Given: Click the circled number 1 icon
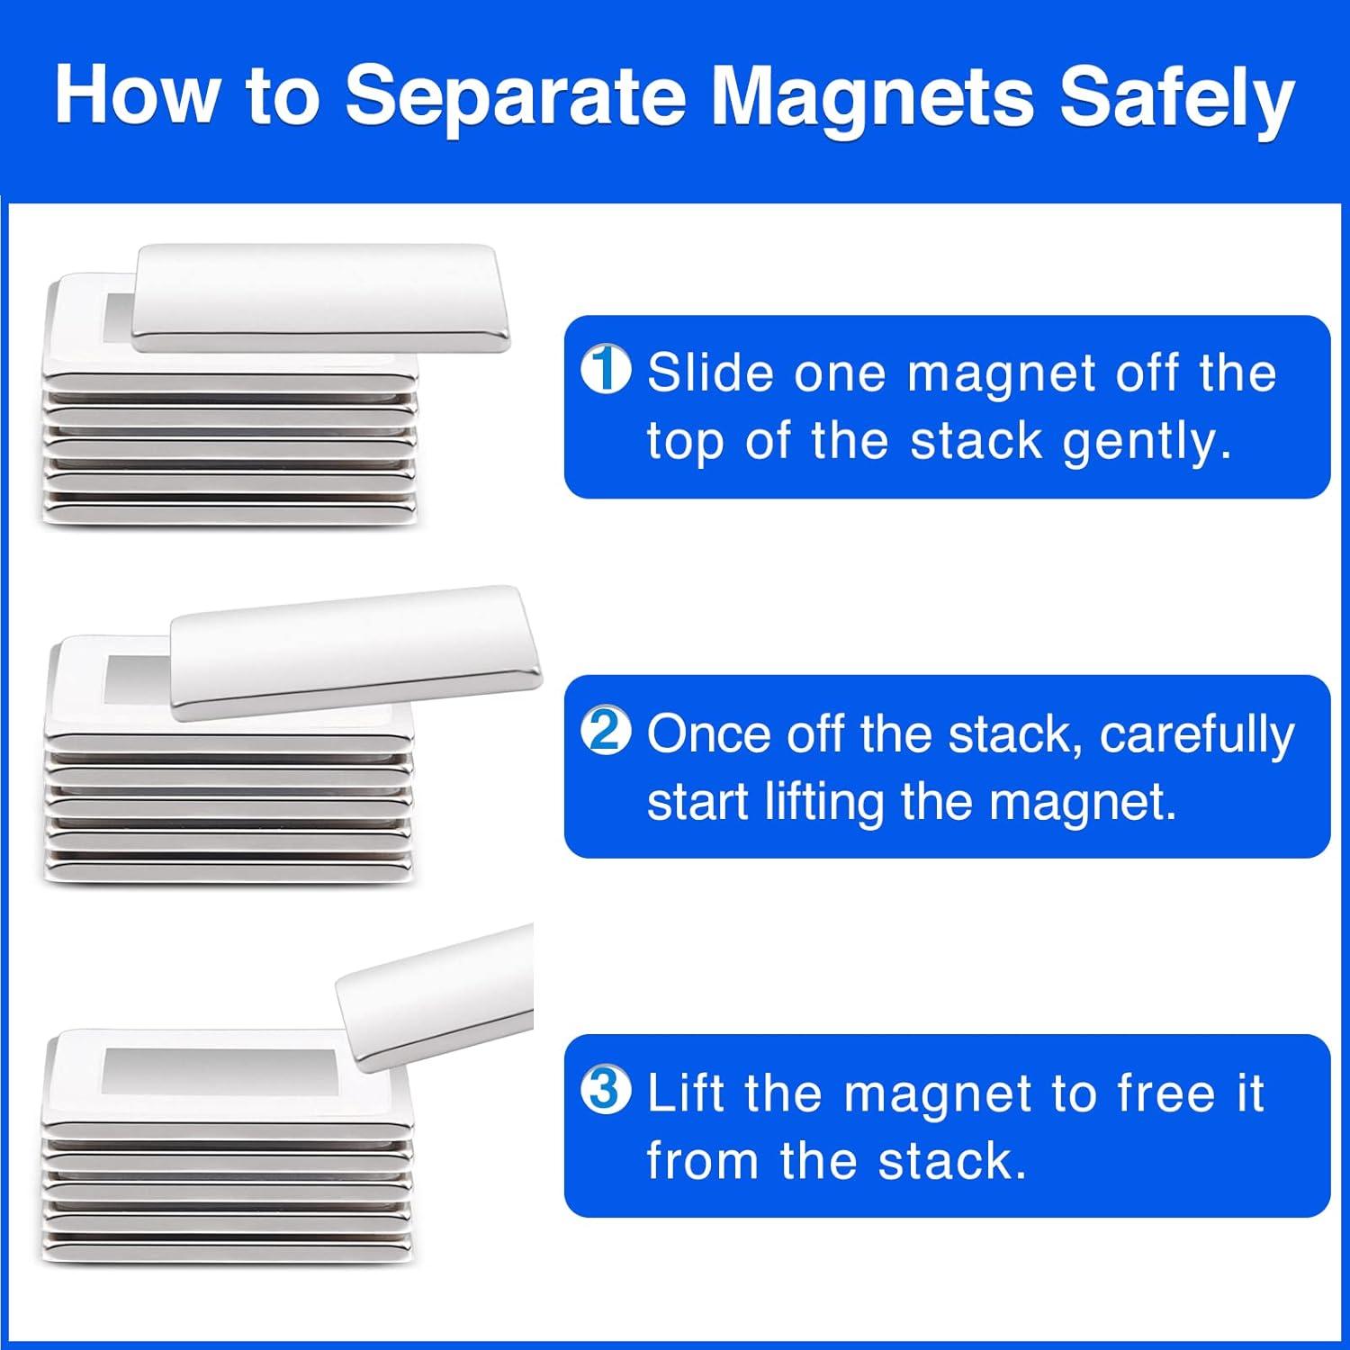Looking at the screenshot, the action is (x=606, y=371).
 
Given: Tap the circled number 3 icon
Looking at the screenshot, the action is (x=606, y=1091).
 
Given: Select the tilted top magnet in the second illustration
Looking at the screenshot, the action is (x=356, y=652).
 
